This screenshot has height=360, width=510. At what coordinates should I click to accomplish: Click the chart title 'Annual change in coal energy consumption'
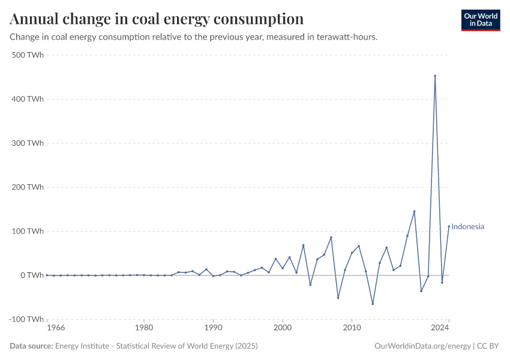point(157,19)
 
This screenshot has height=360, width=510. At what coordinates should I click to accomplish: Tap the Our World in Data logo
point(480,20)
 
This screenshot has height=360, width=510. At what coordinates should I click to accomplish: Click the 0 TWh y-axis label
point(32,275)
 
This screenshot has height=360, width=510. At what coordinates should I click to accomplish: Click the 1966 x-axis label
point(56,328)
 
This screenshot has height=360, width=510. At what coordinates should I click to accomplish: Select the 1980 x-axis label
point(143,328)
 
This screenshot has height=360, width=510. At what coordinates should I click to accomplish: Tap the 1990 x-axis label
point(213,328)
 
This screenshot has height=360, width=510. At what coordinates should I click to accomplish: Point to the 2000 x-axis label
point(283,328)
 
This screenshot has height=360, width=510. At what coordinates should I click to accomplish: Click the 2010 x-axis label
point(352,328)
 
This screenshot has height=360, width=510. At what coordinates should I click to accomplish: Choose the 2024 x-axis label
point(440,328)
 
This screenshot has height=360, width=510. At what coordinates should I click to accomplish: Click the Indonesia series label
point(467,227)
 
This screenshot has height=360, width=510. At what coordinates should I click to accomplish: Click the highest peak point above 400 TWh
point(435,76)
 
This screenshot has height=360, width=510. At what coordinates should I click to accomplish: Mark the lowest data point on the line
point(373,304)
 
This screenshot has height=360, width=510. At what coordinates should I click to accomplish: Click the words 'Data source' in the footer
point(31,346)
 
